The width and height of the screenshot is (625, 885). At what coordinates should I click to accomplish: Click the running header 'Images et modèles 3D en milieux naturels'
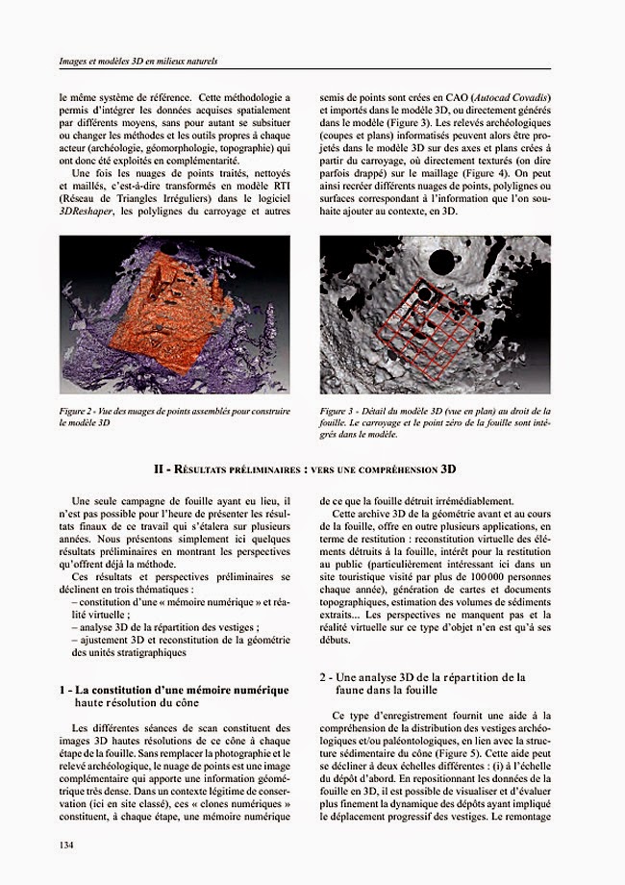tap(138, 62)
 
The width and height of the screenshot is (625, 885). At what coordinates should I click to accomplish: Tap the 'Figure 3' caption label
tap(337, 411)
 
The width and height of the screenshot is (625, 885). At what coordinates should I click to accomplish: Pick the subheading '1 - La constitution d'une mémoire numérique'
tap(173, 690)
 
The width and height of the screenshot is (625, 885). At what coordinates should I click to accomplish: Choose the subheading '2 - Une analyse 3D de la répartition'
tap(422, 677)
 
